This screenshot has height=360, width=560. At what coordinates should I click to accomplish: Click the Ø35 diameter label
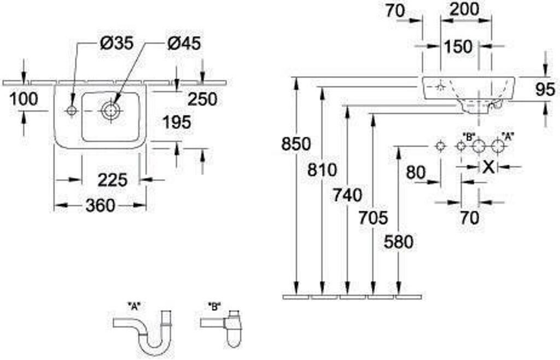tap(116, 43)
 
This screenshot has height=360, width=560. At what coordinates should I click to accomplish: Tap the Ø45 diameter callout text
tap(184, 44)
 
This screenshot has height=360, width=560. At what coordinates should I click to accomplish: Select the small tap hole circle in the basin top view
tap(72, 111)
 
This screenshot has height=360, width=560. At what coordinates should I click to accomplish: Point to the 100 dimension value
tap(23, 99)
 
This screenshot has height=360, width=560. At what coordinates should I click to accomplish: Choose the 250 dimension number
tap(202, 99)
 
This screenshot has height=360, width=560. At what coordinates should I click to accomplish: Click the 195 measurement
tap(177, 123)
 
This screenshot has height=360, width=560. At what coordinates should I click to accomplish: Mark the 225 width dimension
tap(113, 179)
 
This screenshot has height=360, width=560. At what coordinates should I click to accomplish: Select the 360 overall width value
tap(101, 205)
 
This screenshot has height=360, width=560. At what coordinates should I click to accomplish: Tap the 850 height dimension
tap(296, 144)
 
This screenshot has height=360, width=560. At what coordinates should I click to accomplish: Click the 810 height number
tap(322, 170)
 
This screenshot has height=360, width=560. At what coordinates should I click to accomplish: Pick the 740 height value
tap(347, 195)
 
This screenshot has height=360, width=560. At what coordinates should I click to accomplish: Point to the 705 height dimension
tap(373, 218)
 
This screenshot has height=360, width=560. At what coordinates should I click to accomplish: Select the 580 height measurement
tap(399, 242)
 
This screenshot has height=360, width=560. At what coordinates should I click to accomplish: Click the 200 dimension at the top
tap(464, 10)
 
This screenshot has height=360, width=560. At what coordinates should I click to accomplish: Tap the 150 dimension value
tap(458, 47)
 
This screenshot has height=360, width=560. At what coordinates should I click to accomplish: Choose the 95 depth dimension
tap(546, 89)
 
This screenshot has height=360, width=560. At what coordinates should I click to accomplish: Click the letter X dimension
tap(488, 167)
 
